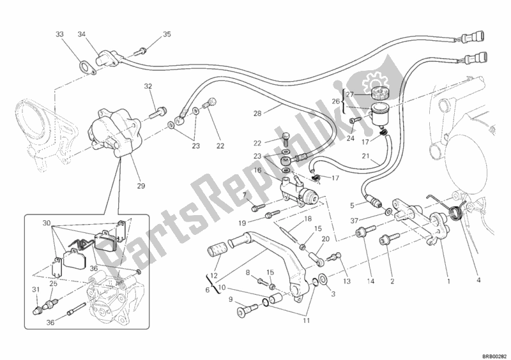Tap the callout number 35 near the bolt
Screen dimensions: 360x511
[x=167, y=34]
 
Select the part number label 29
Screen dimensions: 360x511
[x=140, y=186]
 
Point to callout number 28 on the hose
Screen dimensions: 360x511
[x=258, y=114]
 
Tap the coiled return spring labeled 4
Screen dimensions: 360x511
[x=456, y=211]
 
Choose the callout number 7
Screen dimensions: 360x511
[x=244, y=194]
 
